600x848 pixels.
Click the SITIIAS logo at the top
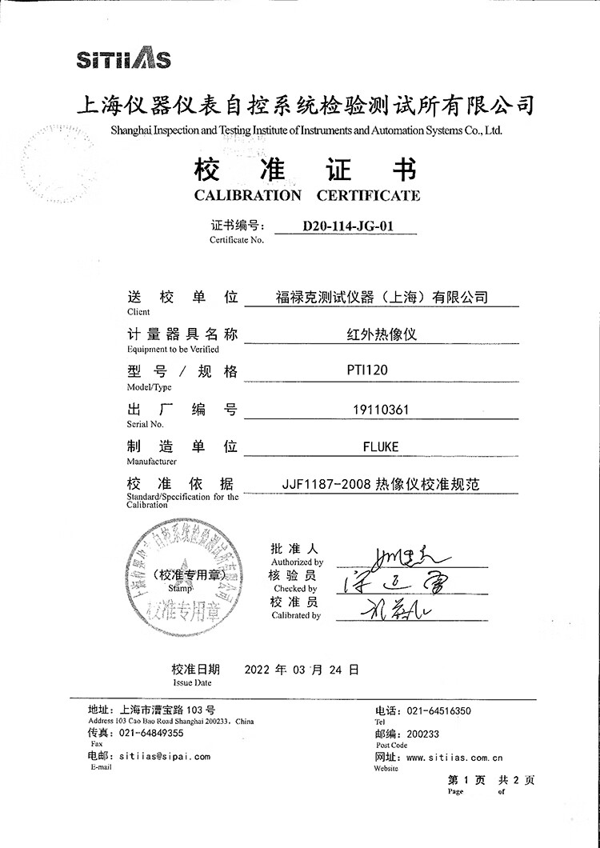tap(123, 59)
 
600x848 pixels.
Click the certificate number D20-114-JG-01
tap(348, 226)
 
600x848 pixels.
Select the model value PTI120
tap(379, 372)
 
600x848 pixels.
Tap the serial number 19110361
tap(380, 410)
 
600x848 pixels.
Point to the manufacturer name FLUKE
tap(380, 446)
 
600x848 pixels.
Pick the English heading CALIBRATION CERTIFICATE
tap(307, 195)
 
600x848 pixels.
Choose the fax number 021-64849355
tap(151, 732)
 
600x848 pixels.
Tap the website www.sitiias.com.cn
tap(454, 757)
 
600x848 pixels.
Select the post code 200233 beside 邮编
tap(423, 733)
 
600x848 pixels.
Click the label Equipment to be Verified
tap(167, 350)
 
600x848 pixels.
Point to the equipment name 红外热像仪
tap(379, 334)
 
